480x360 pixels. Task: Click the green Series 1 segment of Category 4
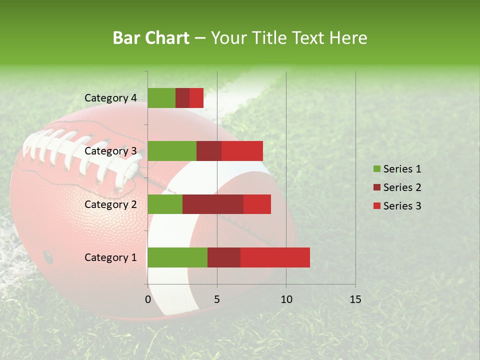point(161,98)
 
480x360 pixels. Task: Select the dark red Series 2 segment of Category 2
point(213,204)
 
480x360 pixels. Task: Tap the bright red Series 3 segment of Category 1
point(275,257)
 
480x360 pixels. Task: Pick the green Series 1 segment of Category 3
point(172,151)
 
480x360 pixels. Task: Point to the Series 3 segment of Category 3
point(242,151)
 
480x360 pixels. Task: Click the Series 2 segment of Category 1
point(224,257)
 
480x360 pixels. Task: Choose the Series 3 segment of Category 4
point(196,98)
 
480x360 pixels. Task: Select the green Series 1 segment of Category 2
point(165,204)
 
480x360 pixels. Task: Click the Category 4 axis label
point(110,98)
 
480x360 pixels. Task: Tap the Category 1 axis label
point(110,257)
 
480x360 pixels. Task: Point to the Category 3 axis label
point(110,151)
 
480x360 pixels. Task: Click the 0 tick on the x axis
point(148,299)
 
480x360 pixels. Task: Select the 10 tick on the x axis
point(286,299)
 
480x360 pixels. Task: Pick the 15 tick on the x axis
point(355,299)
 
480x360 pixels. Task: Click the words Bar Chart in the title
point(151,38)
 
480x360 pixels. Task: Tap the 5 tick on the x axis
point(217,299)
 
